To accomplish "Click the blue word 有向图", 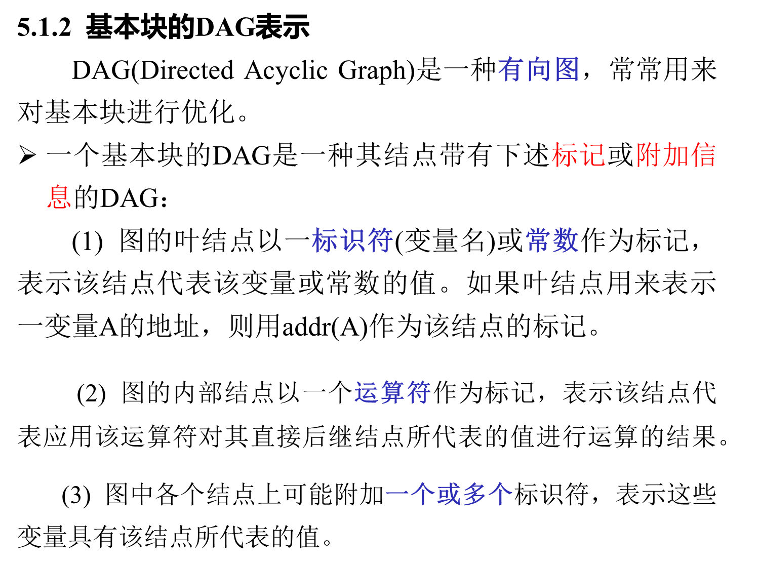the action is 539,69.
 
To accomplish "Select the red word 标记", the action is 578,155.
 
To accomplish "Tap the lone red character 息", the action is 59,197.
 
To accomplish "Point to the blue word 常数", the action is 552,240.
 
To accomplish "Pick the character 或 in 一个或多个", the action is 449,494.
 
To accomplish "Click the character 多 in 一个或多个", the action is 474,494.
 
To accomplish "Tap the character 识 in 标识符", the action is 352,240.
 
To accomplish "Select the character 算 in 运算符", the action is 392,392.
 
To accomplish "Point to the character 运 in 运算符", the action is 366,392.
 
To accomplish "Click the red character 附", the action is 649,155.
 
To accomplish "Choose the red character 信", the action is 703,155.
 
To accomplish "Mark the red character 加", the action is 676,155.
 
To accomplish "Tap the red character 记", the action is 592,155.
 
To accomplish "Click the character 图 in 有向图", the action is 567,69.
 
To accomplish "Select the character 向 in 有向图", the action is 539,69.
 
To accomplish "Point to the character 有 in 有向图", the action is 511,69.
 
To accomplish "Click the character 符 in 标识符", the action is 380,240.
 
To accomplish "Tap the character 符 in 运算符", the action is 419,392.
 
